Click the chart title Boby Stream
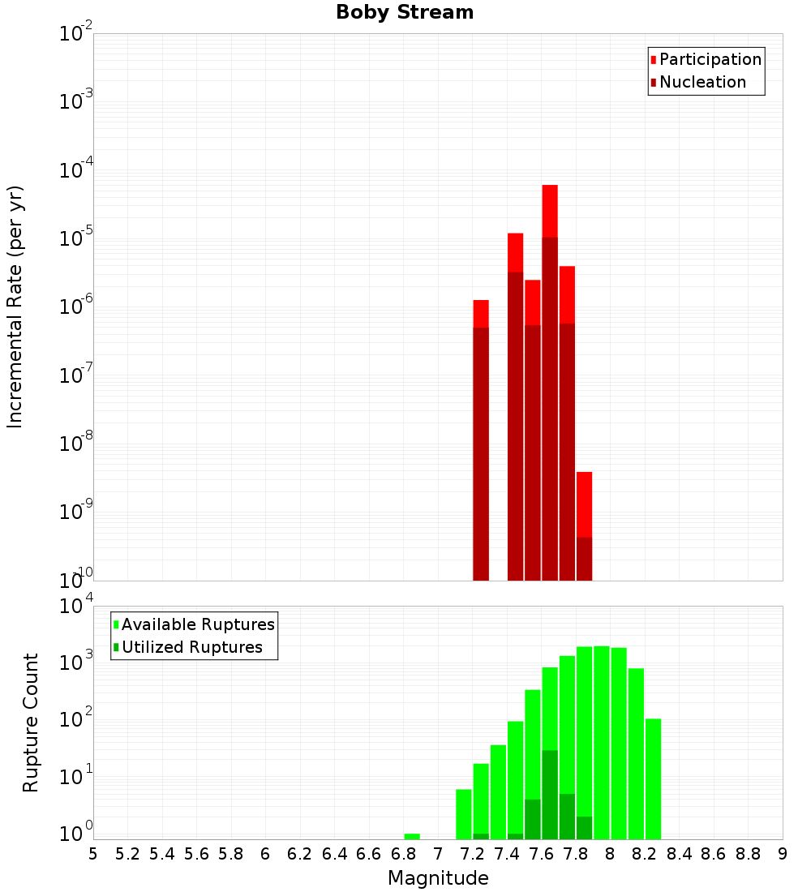coord(405,12)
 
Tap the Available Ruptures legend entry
coord(197,624)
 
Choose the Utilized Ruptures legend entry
coord(191,647)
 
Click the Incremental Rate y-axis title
coord(15,307)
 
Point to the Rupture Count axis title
coord(31,723)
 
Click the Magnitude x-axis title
coord(438,877)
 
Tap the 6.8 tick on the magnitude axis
coord(403,854)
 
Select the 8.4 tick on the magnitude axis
coord(679,854)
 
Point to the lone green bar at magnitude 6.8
coord(412,836)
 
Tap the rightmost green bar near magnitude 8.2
coord(653,778)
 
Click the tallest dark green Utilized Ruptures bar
coord(550,795)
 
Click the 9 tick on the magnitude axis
coord(783,854)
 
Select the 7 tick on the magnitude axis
coord(438,854)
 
